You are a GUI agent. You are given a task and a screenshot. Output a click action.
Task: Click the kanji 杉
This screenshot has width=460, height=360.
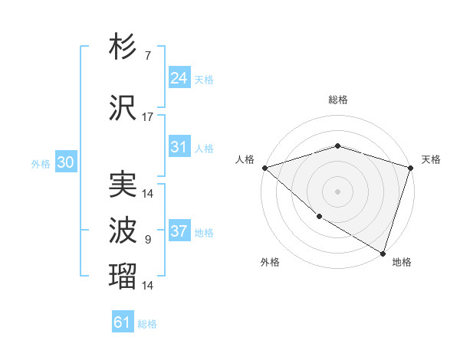pyautogui.click(x=123, y=47)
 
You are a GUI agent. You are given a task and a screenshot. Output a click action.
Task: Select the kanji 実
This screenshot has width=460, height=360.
pyautogui.click(x=123, y=185)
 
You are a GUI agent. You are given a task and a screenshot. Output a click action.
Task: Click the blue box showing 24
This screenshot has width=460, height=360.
pyautogui.click(x=179, y=77)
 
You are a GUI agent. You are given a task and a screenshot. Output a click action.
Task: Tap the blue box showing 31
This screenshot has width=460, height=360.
pyautogui.click(x=179, y=147)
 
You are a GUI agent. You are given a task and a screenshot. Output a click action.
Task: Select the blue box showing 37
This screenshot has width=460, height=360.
pyautogui.click(x=179, y=231)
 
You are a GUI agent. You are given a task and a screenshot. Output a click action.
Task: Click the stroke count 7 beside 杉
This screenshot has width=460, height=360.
pyautogui.click(x=147, y=56)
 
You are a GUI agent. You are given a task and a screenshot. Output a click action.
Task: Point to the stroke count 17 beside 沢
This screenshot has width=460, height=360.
pyautogui.click(x=147, y=117)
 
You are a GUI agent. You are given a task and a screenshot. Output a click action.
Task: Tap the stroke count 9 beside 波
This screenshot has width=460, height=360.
pyautogui.click(x=147, y=240)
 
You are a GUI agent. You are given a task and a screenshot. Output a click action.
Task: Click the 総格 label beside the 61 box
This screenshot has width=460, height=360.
pyautogui.click(x=147, y=324)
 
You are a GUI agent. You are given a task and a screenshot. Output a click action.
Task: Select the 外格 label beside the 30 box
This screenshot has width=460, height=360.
pyautogui.click(x=40, y=164)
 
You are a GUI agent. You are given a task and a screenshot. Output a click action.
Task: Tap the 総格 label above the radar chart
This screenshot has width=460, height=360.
pyautogui.click(x=337, y=100)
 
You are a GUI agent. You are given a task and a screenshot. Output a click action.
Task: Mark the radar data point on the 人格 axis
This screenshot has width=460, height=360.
pyautogui.click(x=264, y=168)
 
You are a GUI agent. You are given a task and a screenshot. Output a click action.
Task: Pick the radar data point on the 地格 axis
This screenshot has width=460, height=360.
pyautogui.click(x=383, y=252)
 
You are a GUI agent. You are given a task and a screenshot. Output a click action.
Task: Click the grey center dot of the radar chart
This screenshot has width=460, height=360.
pyautogui.click(x=337, y=191)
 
